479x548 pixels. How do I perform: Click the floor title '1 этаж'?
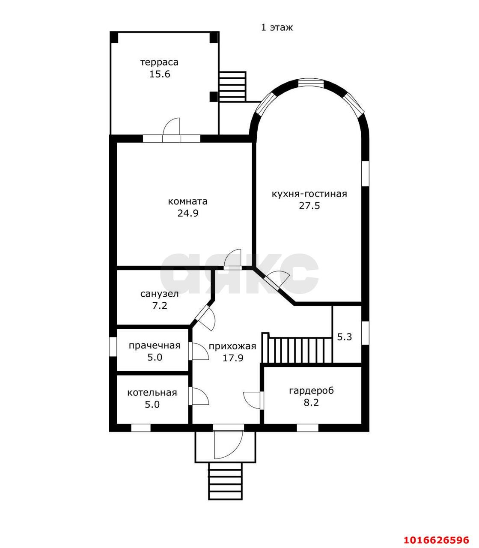click(x=277, y=27)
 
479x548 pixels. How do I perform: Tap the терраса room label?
click(x=159, y=63)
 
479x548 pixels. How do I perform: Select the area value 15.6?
click(x=160, y=74)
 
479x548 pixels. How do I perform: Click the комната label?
click(x=187, y=201)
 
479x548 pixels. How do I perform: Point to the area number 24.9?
click(x=188, y=214)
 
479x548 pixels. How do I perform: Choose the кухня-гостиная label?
click(x=309, y=194)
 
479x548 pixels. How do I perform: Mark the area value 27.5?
click(x=309, y=206)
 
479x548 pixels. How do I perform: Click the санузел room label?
click(x=159, y=294)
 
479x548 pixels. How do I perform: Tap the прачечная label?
click(x=155, y=346)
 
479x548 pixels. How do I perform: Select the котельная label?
click(x=152, y=393)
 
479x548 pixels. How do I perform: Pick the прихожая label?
click(x=232, y=346)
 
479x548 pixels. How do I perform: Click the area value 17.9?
click(x=233, y=358)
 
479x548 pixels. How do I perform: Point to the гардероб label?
click(x=311, y=391)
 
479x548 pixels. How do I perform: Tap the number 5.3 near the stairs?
click(x=344, y=337)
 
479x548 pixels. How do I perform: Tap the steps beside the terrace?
click(x=232, y=86)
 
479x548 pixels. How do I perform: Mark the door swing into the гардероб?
click(x=252, y=400)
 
